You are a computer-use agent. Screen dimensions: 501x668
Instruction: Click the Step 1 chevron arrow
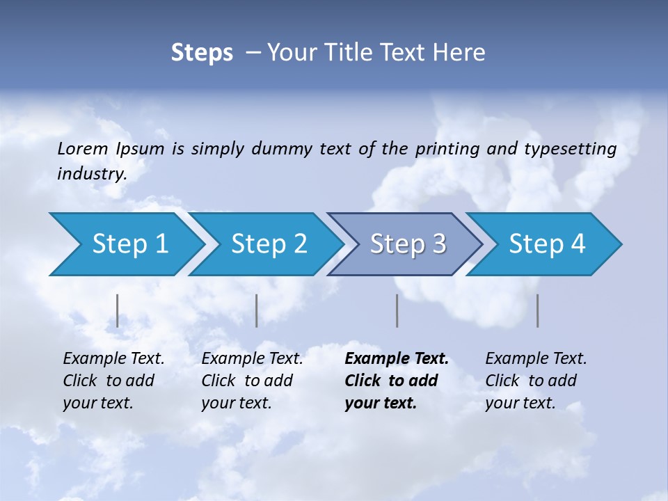pos(129,244)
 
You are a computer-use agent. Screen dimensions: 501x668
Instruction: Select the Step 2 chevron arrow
pos(269,244)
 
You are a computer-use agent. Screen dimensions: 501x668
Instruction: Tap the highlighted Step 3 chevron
pos(408,244)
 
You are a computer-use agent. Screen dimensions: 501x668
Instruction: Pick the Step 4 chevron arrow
pos(547,244)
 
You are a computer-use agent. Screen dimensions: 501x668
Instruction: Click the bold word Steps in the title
pos(202,53)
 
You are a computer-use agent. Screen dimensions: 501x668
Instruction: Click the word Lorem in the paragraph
pos(83,149)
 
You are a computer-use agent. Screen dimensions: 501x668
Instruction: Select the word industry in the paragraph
pos(91,174)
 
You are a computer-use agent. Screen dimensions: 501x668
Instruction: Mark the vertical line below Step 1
pos(118,310)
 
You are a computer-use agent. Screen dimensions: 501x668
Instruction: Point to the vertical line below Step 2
pos(257,310)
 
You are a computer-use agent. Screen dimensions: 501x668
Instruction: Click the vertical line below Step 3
pos(397,310)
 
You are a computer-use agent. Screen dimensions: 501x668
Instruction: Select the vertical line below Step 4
pos(538,310)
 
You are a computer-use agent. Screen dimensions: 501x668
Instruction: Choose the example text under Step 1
pos(113,380)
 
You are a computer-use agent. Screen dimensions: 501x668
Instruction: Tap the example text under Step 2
pos(252,380)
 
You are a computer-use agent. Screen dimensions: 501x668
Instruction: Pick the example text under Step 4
pos(536,380)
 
